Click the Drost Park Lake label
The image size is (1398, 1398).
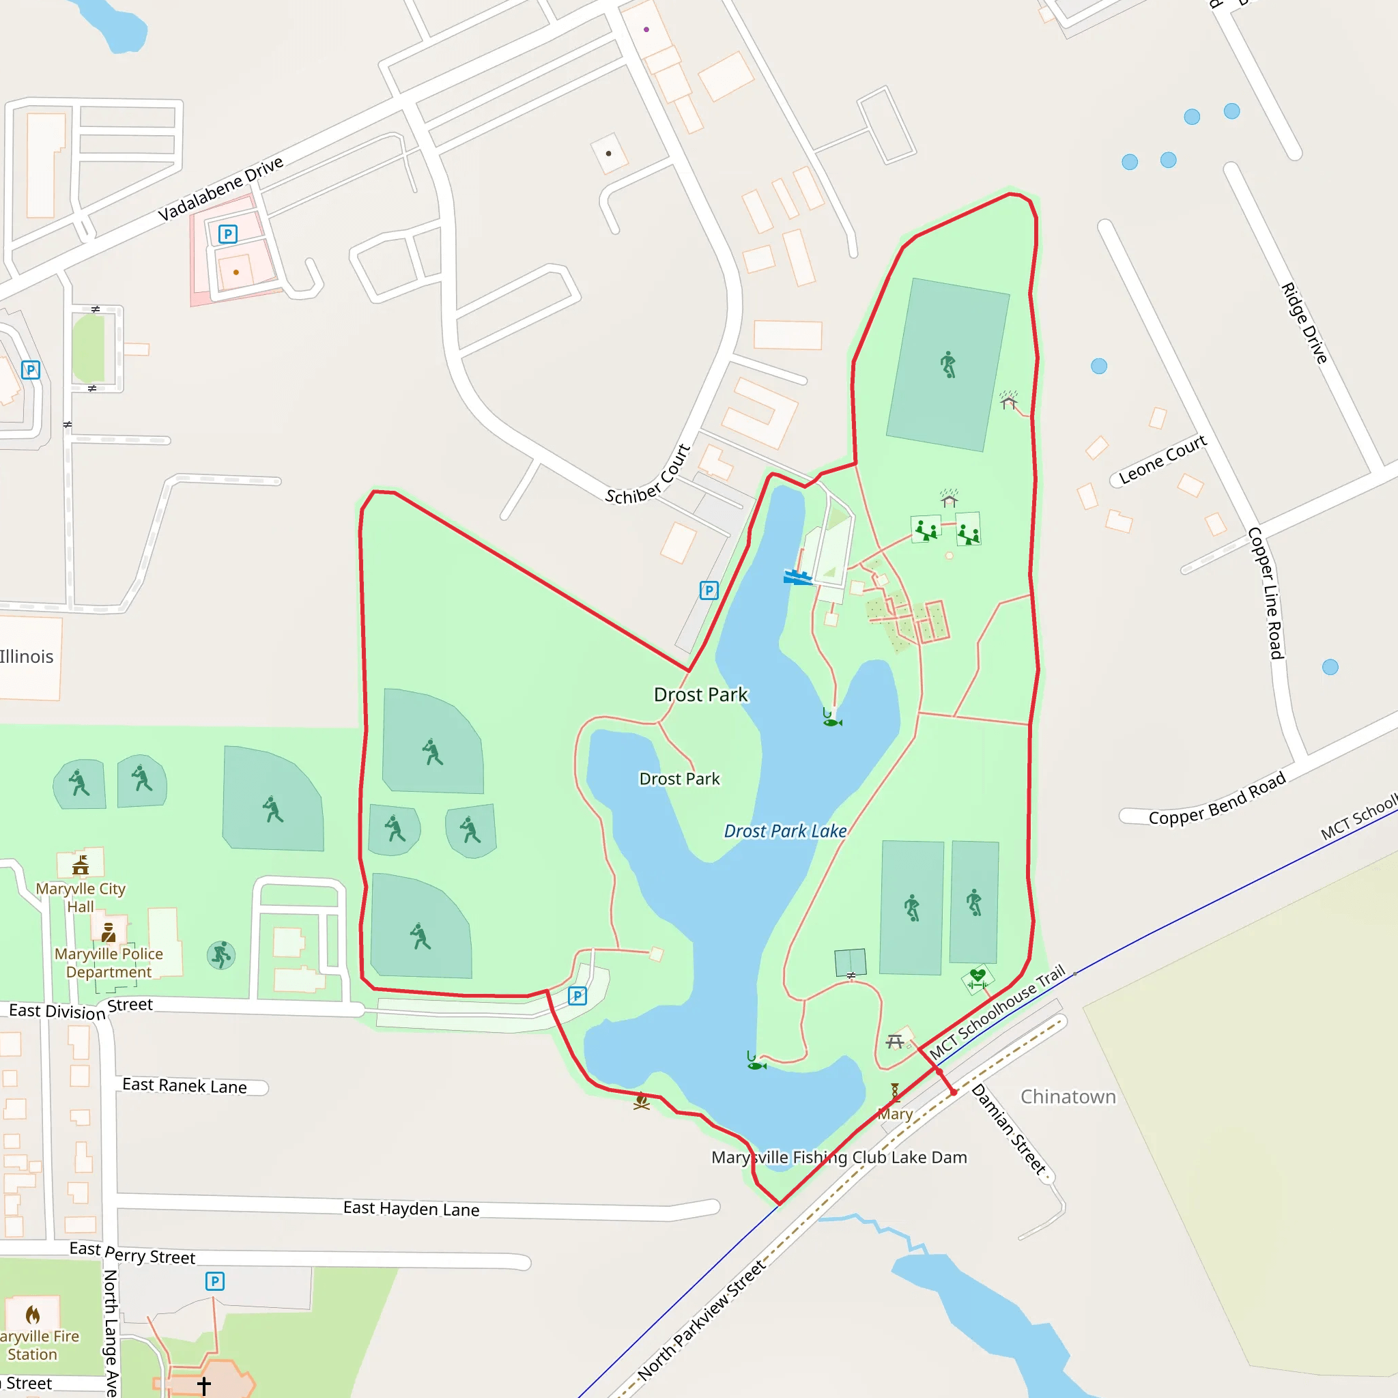pyautogui.click(x=785, y=831)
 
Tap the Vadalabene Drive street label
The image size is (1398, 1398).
pyautogui.click(x=220, y=189)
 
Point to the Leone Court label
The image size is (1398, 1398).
pyautogui.click(x=1162, y=459)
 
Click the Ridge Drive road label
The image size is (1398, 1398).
pyautogui.click(x=1304, y=323)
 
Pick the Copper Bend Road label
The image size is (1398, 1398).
pyautogui.click(x=1217, y=798)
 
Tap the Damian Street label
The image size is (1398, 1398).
pyautogui.click(x=1009, y=1129)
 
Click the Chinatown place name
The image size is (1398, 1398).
pyautogui.click(x=1068, y=1097)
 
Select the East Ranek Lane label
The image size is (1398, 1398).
pyautogui.click(x=184, y=1085)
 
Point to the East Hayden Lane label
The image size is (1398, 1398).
pyautogui.click(x=411, y=1208)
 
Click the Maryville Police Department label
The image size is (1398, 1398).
pyautogui.click(x=109, y=963)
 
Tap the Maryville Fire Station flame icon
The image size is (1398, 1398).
pyautogui.click(x=33, y=1314)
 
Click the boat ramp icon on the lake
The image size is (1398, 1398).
pyautogui.click(x=797, y=577)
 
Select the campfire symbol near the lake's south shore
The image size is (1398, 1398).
pyautogui.click(x=641, y=1101)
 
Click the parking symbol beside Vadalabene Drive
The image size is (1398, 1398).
pyautogui.click(x=228, y=233)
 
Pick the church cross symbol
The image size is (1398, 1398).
pyautogui.click(x=204, y=1386)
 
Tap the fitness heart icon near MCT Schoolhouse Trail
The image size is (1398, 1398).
pyautogui.click(x=978, y=978)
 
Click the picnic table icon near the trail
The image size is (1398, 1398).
pyautogui.click(x=895, y=1042)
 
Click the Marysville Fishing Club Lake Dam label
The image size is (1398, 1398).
pyautogui.click(x=840, y=1158)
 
